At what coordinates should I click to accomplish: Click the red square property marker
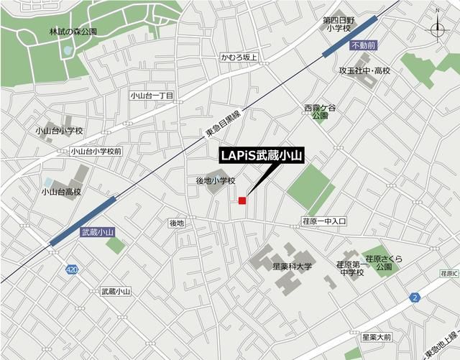pos(243,200)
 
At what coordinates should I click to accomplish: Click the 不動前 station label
pos(364,46)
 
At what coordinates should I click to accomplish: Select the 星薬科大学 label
pos(292,266)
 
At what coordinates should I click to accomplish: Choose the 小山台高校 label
pos(61,192)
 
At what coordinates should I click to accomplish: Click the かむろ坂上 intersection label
pos(239,57)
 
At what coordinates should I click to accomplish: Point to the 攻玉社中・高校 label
pos(364,71)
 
